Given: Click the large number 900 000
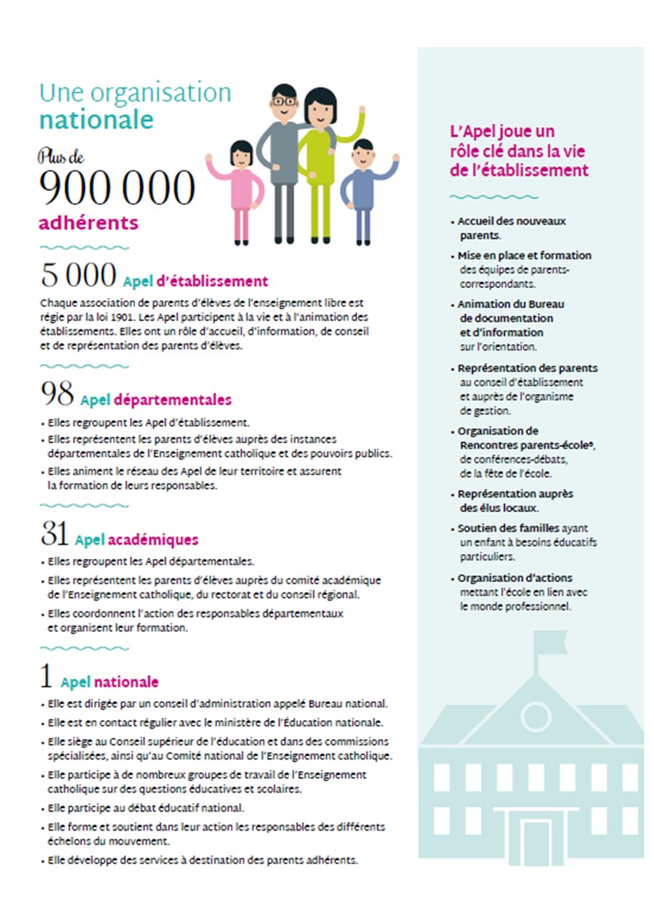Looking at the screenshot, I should click(117, 188).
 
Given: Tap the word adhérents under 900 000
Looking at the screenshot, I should click(88, 223).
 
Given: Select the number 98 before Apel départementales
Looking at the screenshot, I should click(56, 396).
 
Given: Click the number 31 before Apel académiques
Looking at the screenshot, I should click(54, 536).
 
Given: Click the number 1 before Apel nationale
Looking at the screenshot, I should click(46, 677).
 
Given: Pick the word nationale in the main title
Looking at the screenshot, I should click(96, 120).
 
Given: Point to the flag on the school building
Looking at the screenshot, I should click(544, 641).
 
